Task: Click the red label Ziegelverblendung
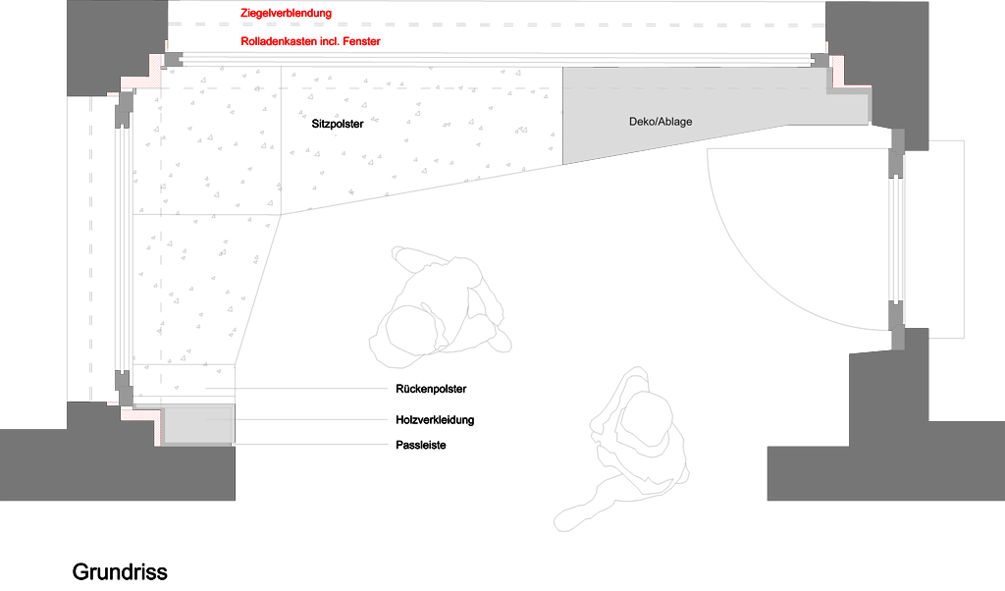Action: click(x=286, y=13)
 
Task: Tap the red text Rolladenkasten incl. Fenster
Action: click(x=310, y=41)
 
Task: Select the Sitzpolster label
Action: click(x=338, y=124)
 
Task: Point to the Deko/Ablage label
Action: click(x=661, y=121)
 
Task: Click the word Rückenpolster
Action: click(x=431, y=389)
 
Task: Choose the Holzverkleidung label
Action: click(x=435, y=420)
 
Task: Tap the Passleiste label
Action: click(x=420, y=445)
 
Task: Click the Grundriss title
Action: click(x=120, y=571)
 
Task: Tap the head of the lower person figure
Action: click(x=646, y=419)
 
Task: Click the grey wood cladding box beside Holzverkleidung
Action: click(x=197, y=424)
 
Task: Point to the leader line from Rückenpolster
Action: click(x=296, y=389)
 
